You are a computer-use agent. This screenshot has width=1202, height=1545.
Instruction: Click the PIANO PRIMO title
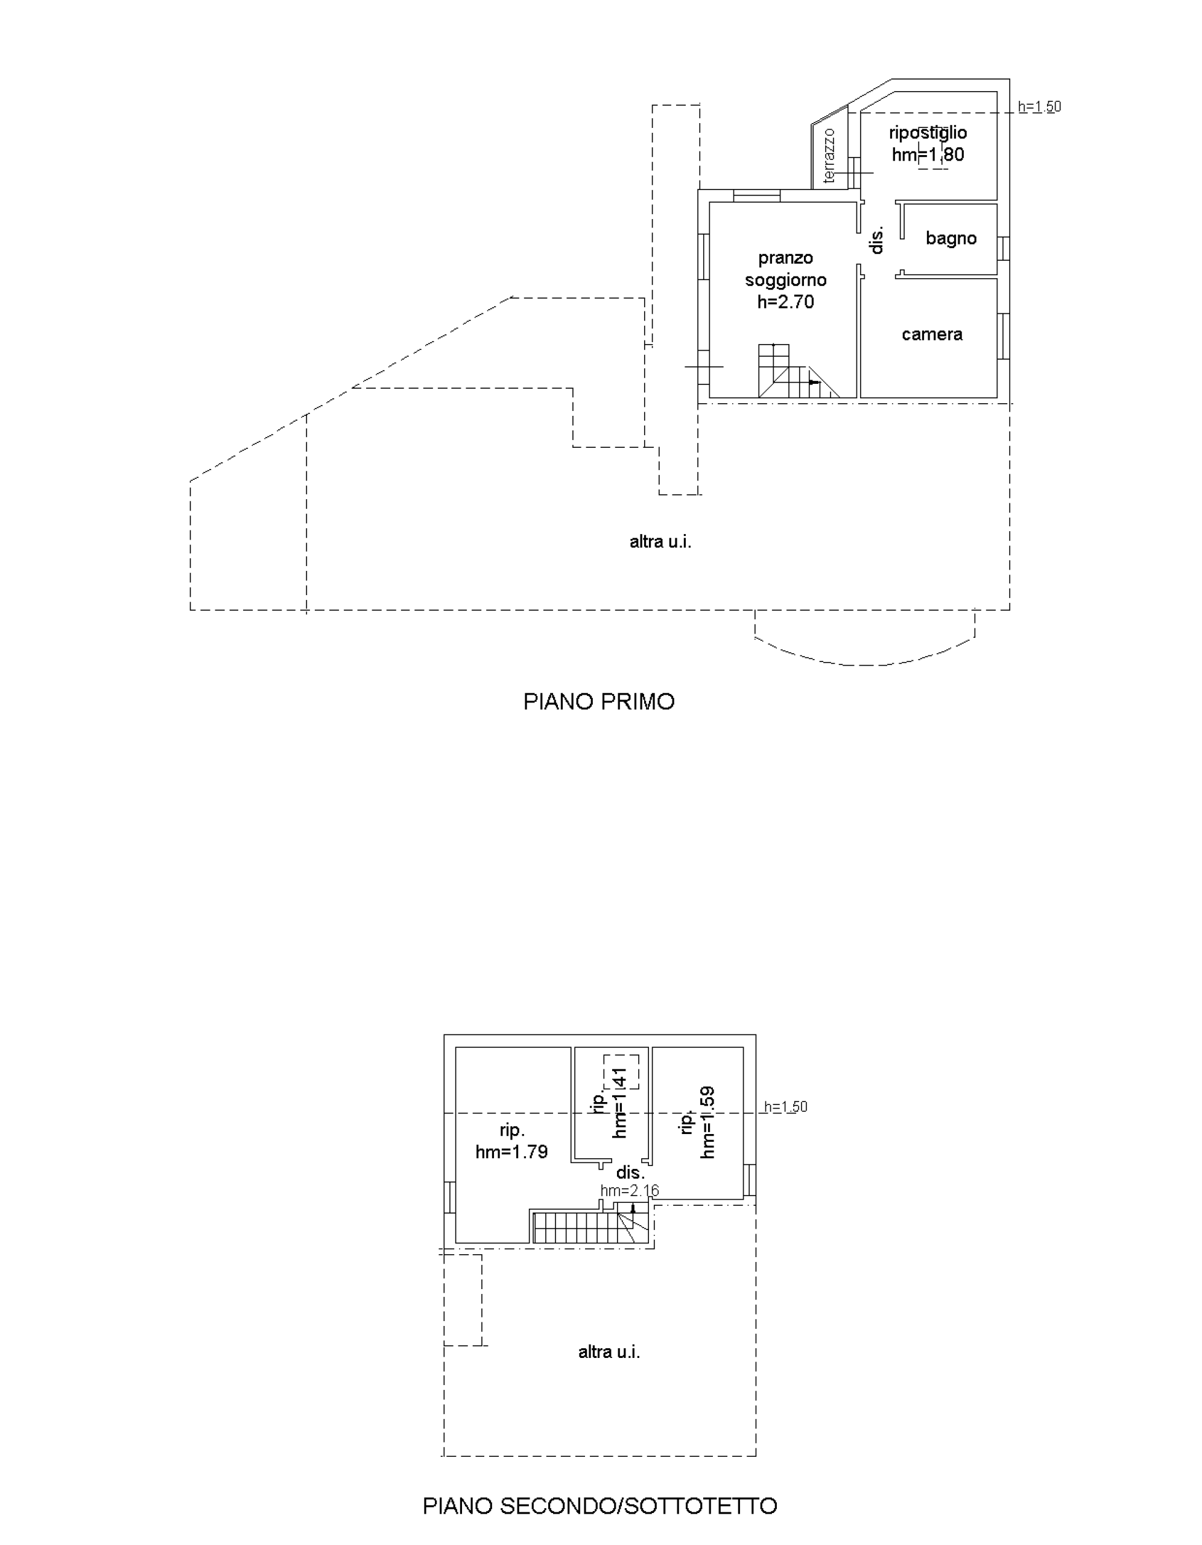coord(599,702)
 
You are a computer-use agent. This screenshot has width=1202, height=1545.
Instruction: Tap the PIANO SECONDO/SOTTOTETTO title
coord(599,1505)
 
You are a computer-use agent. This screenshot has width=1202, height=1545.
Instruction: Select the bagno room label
coord(951,239)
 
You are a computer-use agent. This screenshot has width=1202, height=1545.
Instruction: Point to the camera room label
coord(932,334)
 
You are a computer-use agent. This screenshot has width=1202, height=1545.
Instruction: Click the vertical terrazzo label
coord(829,156)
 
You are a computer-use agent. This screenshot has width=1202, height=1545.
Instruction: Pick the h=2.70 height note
coord(785,302)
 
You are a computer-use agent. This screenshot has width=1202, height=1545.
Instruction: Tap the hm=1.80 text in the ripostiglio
coord(928,154)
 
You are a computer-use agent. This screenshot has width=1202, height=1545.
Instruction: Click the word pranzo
coord(785,259)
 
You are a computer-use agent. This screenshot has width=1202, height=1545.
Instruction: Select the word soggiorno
coord(785,281)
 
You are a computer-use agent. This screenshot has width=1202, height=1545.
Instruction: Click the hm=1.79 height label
coord(511,1152)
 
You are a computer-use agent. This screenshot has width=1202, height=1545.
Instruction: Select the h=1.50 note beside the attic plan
coord(785,1107)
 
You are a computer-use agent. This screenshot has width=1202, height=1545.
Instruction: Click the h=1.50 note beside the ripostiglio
coord(1039,107)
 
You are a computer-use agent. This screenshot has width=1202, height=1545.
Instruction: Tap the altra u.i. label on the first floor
coord(660,542)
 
